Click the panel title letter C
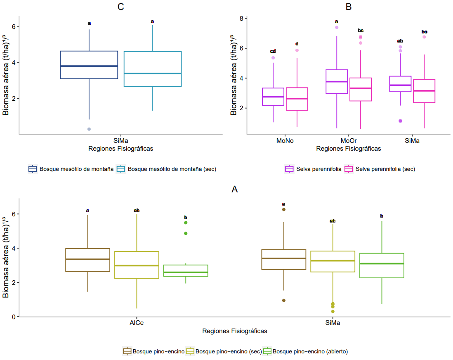(x=121, y=7)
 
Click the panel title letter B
(x=349, y=7)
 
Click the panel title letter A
(x=235, y=189)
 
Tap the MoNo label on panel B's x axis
(x=285, y=140)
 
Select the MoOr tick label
(x=349, y=140)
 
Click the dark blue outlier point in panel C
(x=89, y=129)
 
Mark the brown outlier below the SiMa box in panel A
(x=284, y=300)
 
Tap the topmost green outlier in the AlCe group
(x=186, y=223)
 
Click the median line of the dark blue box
(x=89, y=66)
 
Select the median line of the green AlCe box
(x=186, y=272)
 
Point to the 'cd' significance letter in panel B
(x=273, y=51)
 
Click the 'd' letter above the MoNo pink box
(x=297, y=44)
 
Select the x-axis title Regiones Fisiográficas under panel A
(x=235, y=331)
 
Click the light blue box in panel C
(x=153, y=69)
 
